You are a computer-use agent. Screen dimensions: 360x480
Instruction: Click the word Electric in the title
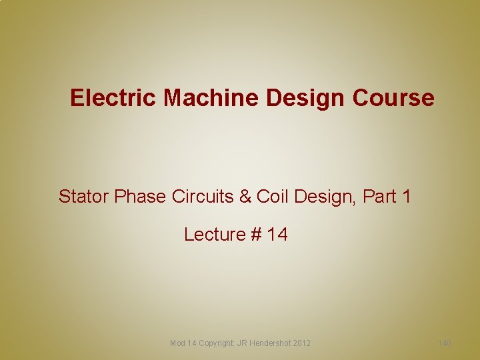[114, 98]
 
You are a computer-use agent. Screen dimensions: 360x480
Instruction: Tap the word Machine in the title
[213, 98]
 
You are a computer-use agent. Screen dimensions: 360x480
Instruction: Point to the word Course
[394, 98]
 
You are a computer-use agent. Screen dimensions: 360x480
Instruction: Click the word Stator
[84, 197]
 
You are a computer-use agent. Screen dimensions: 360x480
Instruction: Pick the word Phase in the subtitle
[138, 197]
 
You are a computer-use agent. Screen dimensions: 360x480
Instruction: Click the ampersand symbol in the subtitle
[245, 197]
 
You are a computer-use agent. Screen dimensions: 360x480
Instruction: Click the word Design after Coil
[324, 197]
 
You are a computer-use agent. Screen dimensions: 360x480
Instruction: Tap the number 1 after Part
[406, 197]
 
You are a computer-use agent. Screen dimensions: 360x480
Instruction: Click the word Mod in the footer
[178, 343]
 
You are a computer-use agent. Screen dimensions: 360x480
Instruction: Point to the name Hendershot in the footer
[270, 343]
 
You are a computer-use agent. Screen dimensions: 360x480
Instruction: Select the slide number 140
[445, 343]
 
